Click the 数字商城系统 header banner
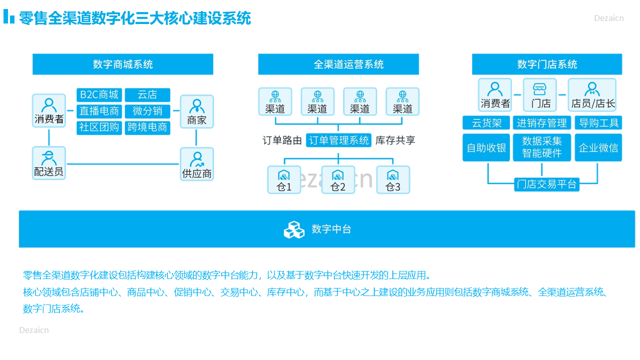click(123, 64)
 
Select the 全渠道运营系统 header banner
click(338, 64)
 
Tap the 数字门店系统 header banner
click(547, 64)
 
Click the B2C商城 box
click(99, 95)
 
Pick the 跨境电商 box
click(147, 127)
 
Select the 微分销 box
click(147, 111)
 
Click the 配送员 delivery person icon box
click(49, 163)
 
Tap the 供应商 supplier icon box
click(197, 164)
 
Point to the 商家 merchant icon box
click(197, 111)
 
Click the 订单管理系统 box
click(338, 140)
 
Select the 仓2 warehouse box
click(338, 179)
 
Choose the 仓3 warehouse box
click(393, 179)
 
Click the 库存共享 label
click(395, 140)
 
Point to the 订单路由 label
click(282, 140)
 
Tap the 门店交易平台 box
click(546, 184)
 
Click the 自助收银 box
click(486, 147)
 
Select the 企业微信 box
click(598, 147)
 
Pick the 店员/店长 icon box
click(592, 95)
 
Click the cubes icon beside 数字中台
click(294, 229)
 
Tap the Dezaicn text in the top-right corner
click(609, 18)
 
